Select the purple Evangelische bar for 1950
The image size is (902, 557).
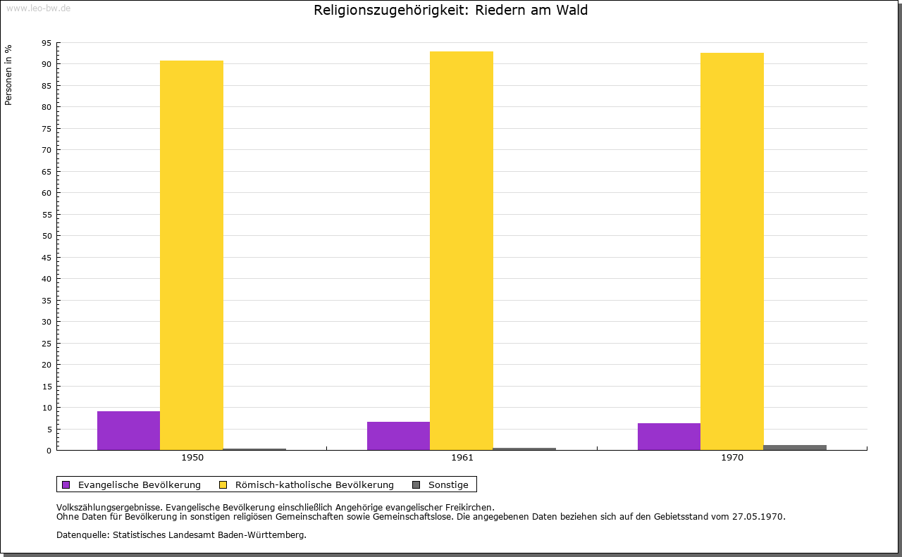(x=128, y=430)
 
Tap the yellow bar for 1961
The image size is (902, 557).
(x=462, y=251)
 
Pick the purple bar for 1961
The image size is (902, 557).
(x=398, y=436)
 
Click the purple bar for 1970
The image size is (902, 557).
(x=669, y=437)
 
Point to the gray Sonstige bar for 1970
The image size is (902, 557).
(x=795, y=447)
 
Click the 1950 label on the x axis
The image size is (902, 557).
(x=192, y=458)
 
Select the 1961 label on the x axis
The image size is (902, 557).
(x=462, y=458)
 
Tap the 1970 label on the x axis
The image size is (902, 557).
(x=732, y=458)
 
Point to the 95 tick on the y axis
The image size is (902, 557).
(x=47, y=43)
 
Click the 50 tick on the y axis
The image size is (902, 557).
(x=47, y=236)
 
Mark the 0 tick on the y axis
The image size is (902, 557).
(x=49, y=451)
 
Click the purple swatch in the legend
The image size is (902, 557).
(x=66, y=484)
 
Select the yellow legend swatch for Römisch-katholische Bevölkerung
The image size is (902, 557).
(x=223, y=484)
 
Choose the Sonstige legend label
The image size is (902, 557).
(x=448, y=484)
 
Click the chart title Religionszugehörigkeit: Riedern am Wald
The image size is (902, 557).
(x=451, y=11)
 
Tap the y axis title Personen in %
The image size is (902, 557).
(x=8, y=75)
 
